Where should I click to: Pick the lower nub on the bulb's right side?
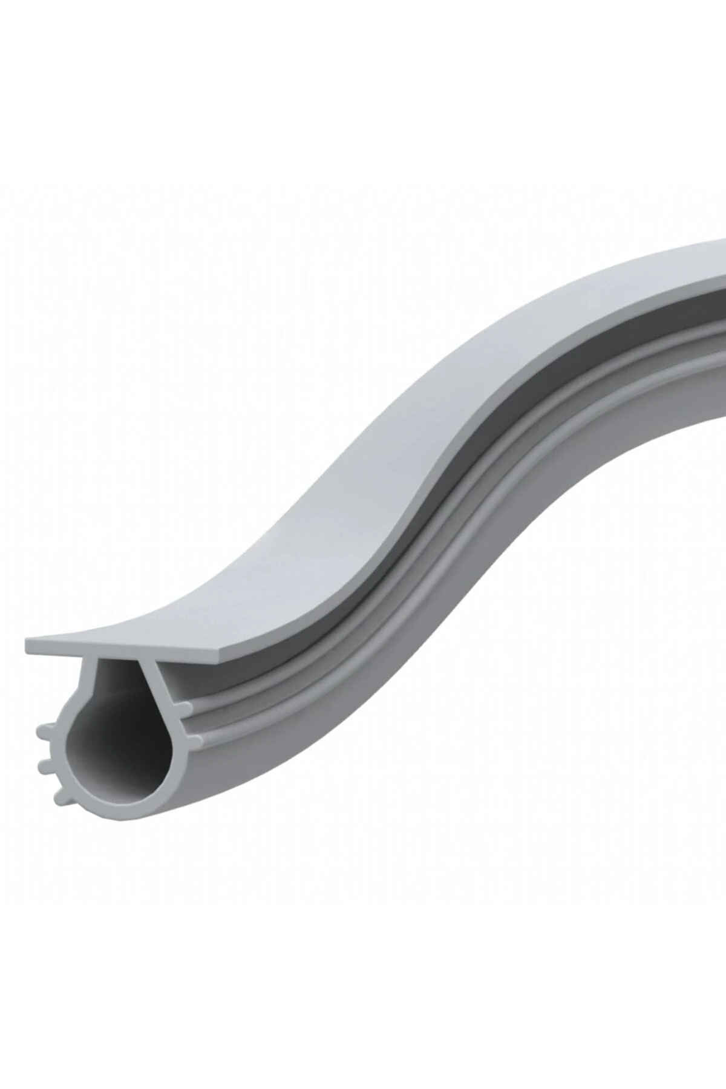(x=192, y=739)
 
